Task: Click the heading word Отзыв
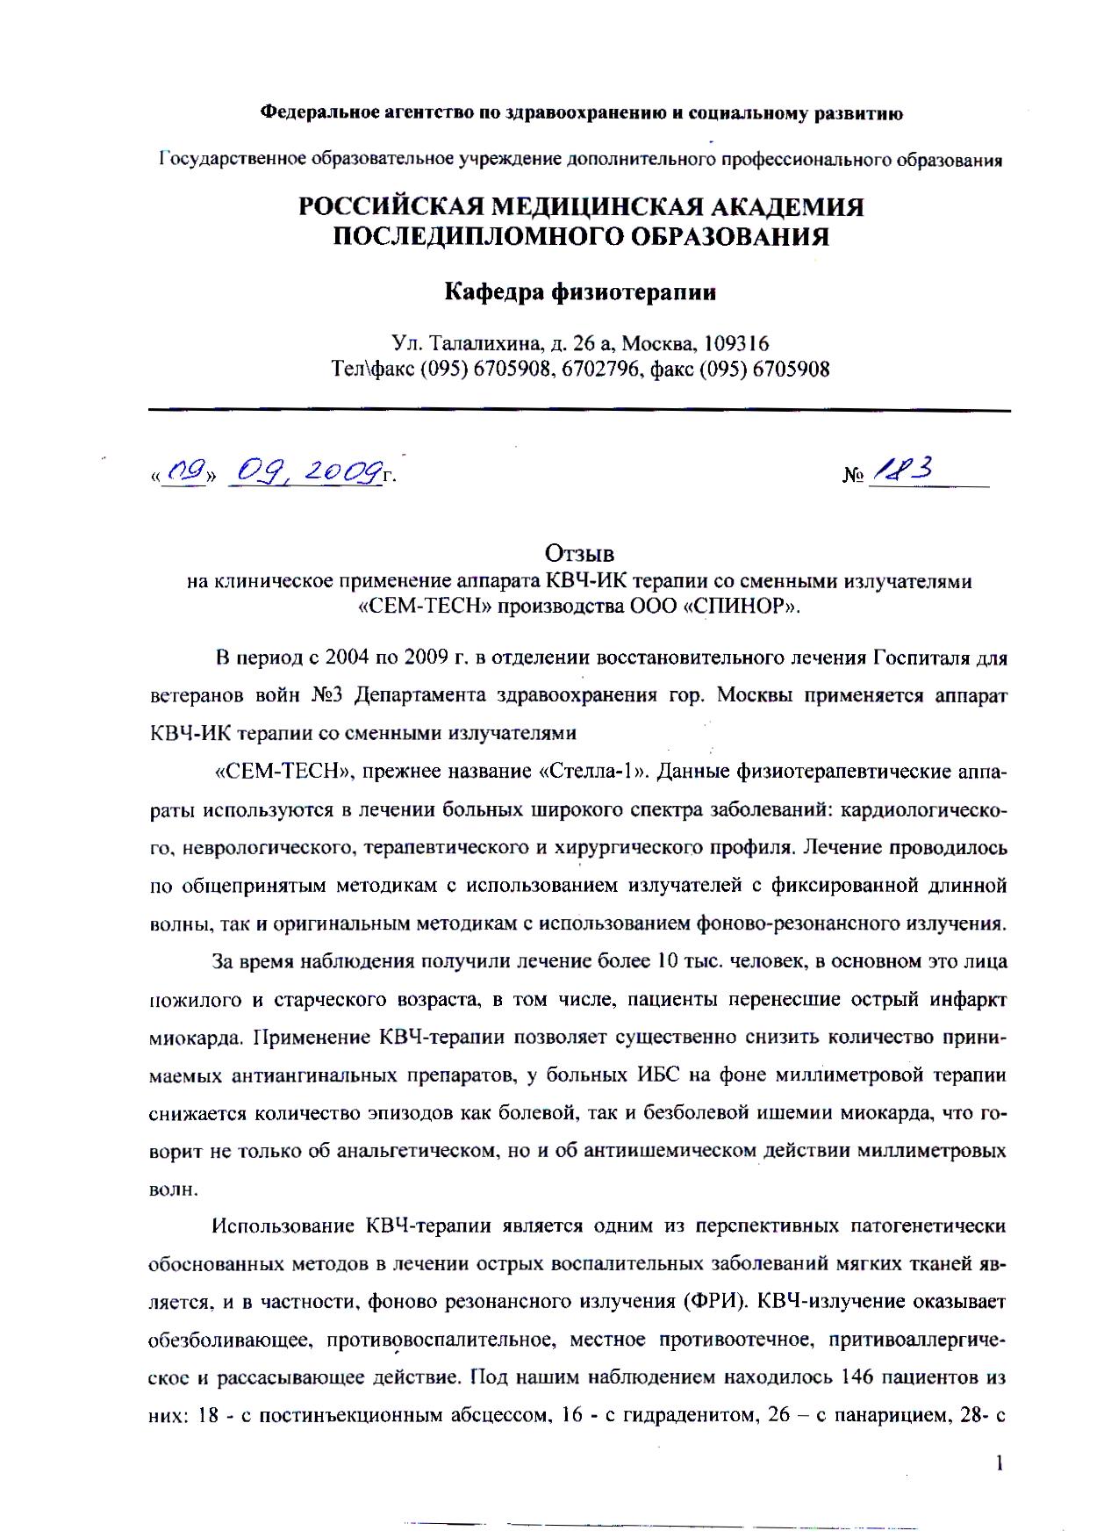578,554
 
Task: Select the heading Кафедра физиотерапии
580,291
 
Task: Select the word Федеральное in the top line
317,112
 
